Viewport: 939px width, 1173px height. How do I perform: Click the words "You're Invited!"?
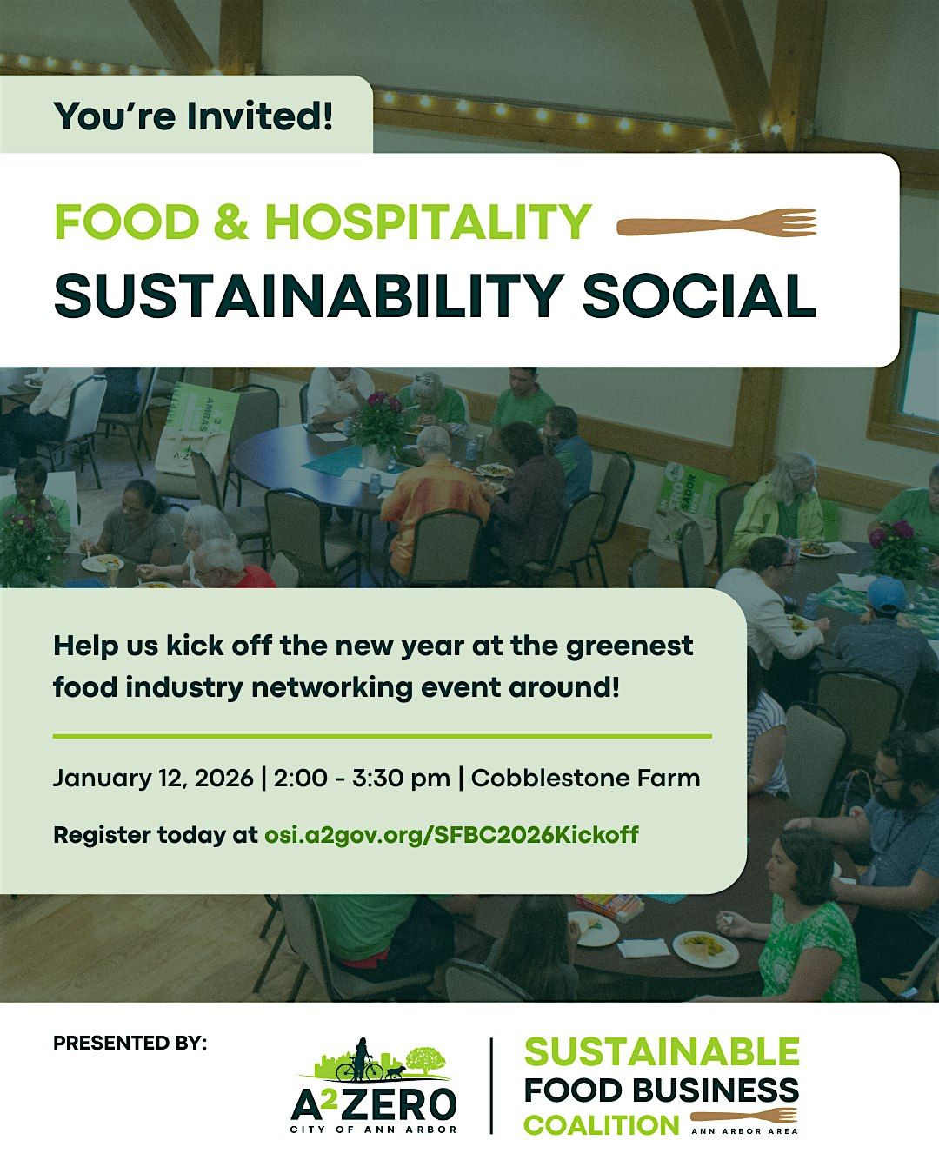(x=193, y=116)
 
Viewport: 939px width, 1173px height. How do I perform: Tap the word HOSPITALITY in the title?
(x=428, y=222)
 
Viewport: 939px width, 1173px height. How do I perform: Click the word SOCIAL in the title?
(x=698, y=296)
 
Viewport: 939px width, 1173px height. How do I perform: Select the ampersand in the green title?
(x=231, y=222)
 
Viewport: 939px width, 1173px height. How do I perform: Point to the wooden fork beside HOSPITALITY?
(x=716, y=224)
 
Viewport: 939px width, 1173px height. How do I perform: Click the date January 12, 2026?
(x=153, y=778)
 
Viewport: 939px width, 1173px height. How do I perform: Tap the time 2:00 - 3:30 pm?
(x=362, y=778)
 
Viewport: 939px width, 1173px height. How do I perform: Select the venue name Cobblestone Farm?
(x=585, y=778)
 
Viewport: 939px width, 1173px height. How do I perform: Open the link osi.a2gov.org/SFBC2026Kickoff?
(x=450, y=835)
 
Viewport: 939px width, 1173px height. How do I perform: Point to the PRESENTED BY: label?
(x=130, y=1043)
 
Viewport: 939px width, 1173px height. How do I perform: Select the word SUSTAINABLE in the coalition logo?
(x=662, y=1052)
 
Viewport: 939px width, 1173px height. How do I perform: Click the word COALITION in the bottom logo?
(x=601, y=1125)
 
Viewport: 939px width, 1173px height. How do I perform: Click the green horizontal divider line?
(x=382, y=736)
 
